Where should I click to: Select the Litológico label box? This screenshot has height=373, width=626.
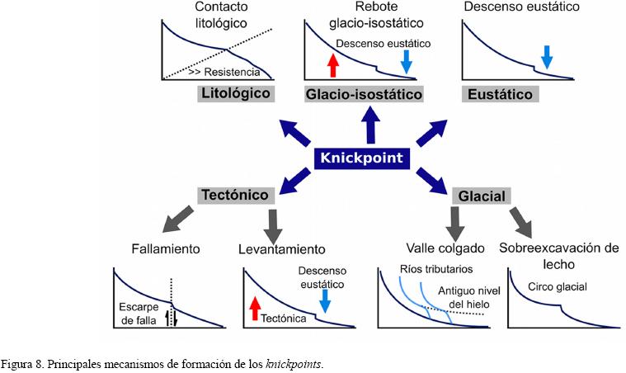coord(235,93)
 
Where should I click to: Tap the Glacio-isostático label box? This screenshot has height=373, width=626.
coord(364,94)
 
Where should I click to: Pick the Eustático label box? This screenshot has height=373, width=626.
coord(500,94)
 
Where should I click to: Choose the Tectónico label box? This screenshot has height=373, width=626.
coord(235,195)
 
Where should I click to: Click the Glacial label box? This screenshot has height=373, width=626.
coord(479,196)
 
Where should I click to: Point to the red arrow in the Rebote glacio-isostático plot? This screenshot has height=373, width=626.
coord(333,64)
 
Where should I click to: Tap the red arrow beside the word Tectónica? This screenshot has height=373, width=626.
coord(254,309)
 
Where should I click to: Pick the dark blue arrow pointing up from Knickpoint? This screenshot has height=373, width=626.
coord(369,125)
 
